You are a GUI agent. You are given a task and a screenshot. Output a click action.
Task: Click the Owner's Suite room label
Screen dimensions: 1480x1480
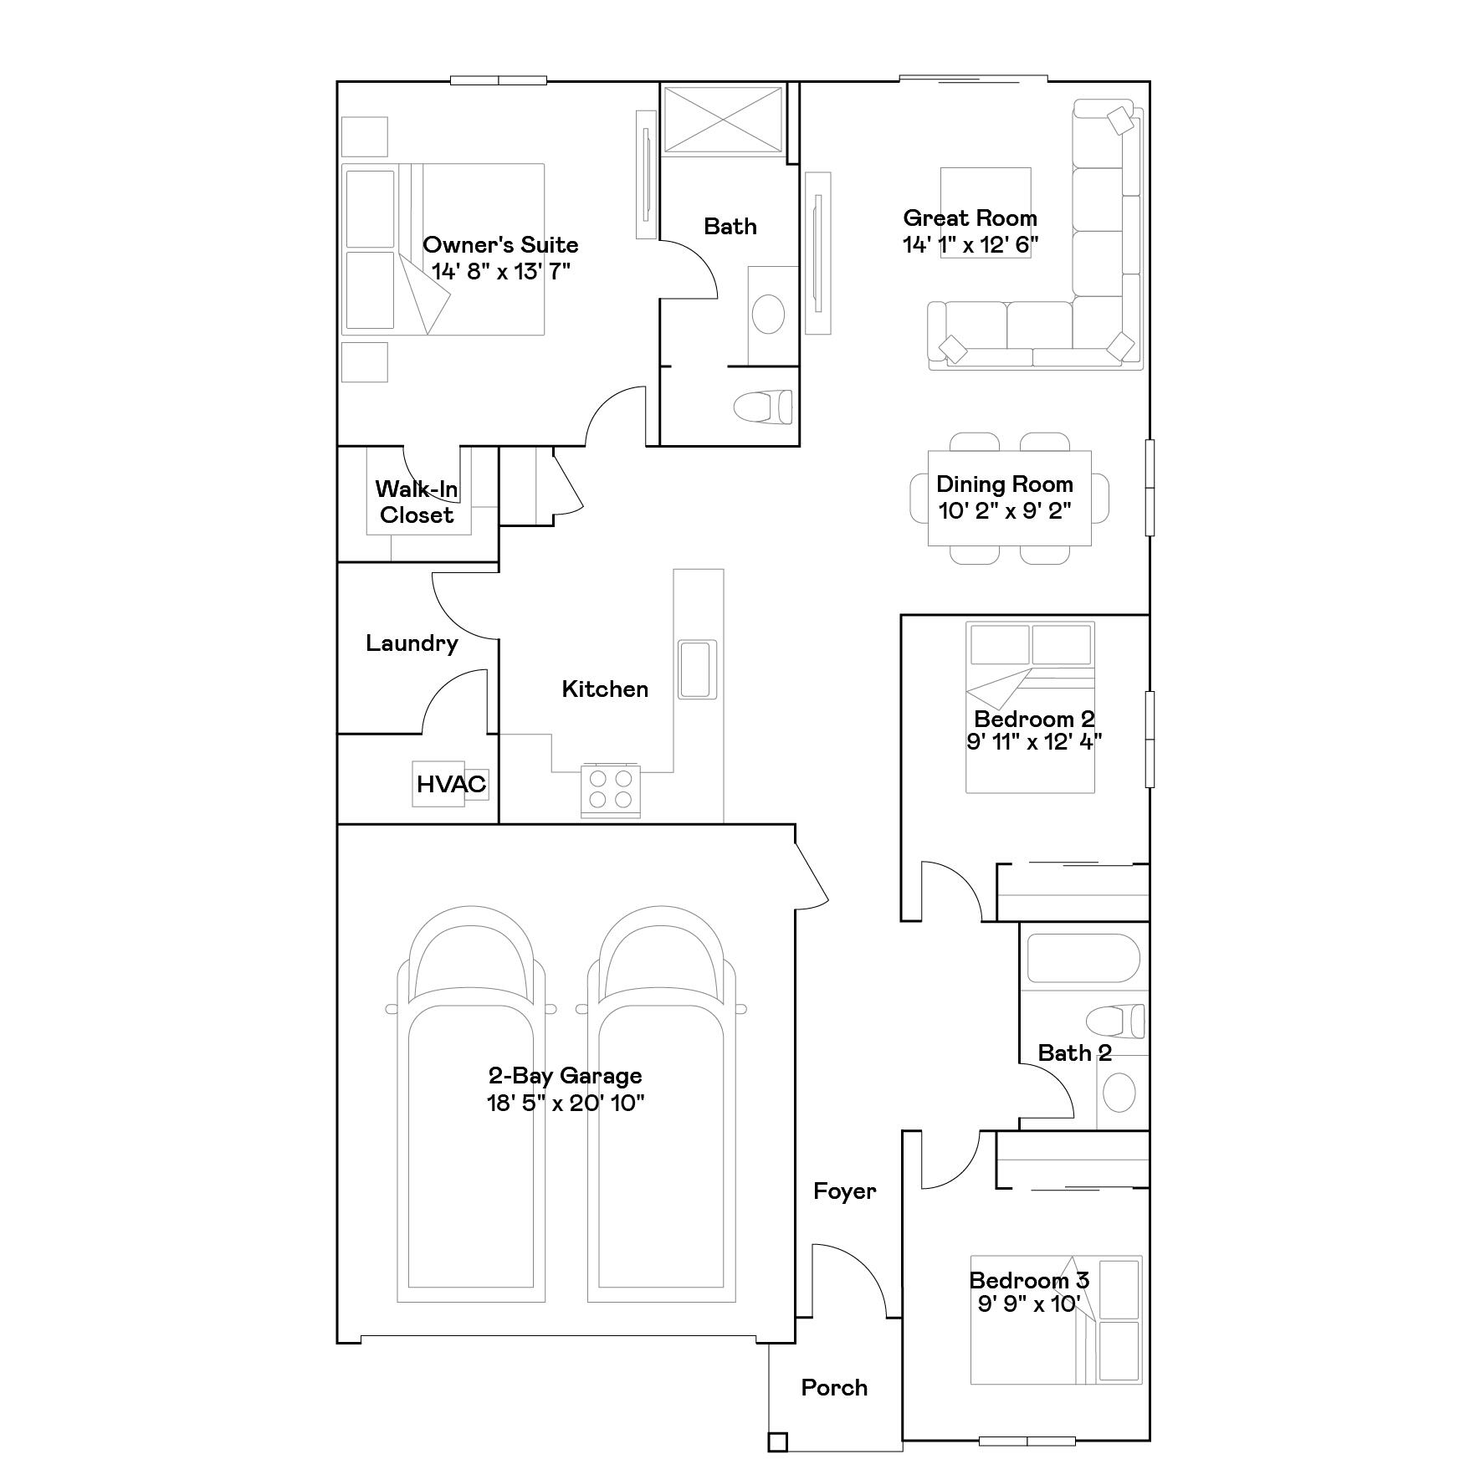499,245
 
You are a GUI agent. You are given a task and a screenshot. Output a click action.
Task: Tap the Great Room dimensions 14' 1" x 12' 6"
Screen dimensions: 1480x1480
970,245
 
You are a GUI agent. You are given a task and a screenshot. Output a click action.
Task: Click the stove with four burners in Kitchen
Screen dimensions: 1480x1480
610,789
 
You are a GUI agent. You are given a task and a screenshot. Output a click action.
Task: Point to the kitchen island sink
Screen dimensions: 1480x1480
697,669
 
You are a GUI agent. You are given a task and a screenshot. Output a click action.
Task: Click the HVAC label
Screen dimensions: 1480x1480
451,784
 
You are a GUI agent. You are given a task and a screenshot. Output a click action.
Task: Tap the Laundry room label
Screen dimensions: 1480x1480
412,643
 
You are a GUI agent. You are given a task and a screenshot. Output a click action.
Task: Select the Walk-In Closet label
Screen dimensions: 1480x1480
416,502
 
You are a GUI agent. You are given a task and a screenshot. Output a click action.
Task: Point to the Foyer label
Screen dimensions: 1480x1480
844,1191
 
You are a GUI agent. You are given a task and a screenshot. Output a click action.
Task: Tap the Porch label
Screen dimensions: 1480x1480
833,1388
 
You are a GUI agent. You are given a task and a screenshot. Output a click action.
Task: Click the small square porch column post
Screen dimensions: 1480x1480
777,1442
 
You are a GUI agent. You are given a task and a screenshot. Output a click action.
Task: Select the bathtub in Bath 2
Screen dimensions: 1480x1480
1083,958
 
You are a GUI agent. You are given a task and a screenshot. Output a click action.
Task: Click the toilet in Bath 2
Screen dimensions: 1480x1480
1116,1022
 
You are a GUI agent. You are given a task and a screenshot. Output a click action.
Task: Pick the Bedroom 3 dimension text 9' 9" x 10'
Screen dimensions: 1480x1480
1029,1304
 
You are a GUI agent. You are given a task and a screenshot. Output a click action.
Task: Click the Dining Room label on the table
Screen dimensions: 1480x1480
1004,484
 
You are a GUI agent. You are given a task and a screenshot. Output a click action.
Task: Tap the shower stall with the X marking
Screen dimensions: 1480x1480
723,119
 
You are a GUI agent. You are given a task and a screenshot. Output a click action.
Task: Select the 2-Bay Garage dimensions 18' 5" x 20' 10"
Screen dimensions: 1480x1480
566,1103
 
